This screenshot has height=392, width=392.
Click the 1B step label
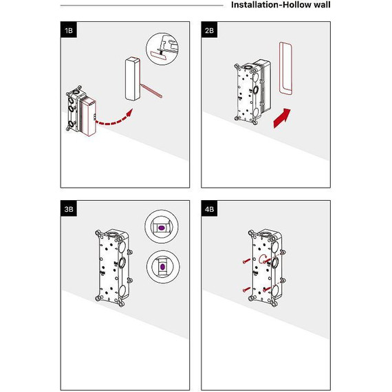69,30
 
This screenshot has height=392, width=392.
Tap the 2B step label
209,30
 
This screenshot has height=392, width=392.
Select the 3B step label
69,208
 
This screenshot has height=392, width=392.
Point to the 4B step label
209,208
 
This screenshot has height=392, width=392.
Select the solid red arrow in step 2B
282,118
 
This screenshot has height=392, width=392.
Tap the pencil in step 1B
151,91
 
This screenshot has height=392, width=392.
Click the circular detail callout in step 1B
162,49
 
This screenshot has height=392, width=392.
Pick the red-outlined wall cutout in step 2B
286,68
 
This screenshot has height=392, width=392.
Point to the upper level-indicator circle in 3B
162,227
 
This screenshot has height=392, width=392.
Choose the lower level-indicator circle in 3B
163,267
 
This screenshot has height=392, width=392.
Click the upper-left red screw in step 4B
246,261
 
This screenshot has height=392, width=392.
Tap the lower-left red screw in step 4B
246,290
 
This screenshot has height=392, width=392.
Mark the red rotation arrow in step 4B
263,259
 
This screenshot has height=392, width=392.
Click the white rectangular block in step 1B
133,79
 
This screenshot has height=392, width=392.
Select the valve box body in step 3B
113,268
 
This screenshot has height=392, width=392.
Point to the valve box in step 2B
252,91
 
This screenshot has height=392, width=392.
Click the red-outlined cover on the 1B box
87,116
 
